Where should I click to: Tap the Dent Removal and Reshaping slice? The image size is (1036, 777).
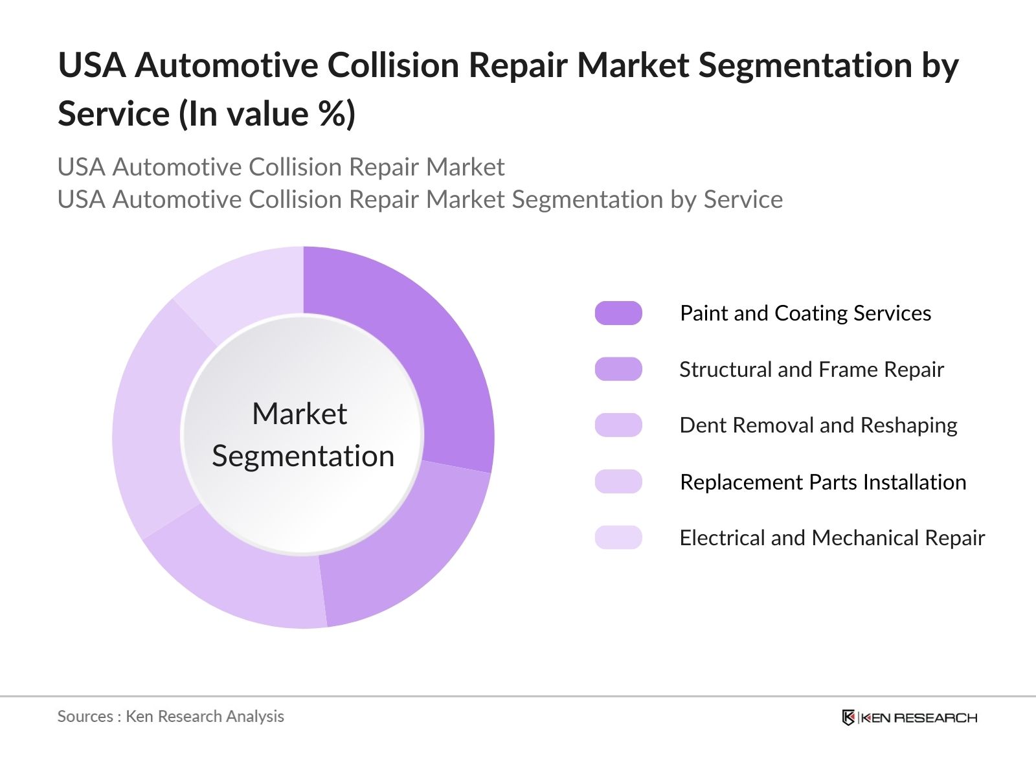point(246,576)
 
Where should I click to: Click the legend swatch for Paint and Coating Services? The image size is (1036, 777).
point(618,313)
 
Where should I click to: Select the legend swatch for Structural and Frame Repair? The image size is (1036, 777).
point(618,369)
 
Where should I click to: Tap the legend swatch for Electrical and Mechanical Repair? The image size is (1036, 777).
point(618,537)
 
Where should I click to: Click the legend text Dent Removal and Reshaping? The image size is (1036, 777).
point(818,425)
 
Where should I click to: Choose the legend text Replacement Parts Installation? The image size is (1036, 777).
point(822,482)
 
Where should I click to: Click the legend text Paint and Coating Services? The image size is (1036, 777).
point(805,313)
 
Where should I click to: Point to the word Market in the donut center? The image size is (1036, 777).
point(299,414)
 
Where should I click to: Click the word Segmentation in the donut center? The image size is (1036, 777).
point(303,456)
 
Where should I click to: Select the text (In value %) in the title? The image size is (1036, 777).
point(267,114)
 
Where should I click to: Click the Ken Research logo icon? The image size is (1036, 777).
point(848,717)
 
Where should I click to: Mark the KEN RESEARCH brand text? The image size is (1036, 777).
point(919,717)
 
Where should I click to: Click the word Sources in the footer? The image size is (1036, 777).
point(85,716)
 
